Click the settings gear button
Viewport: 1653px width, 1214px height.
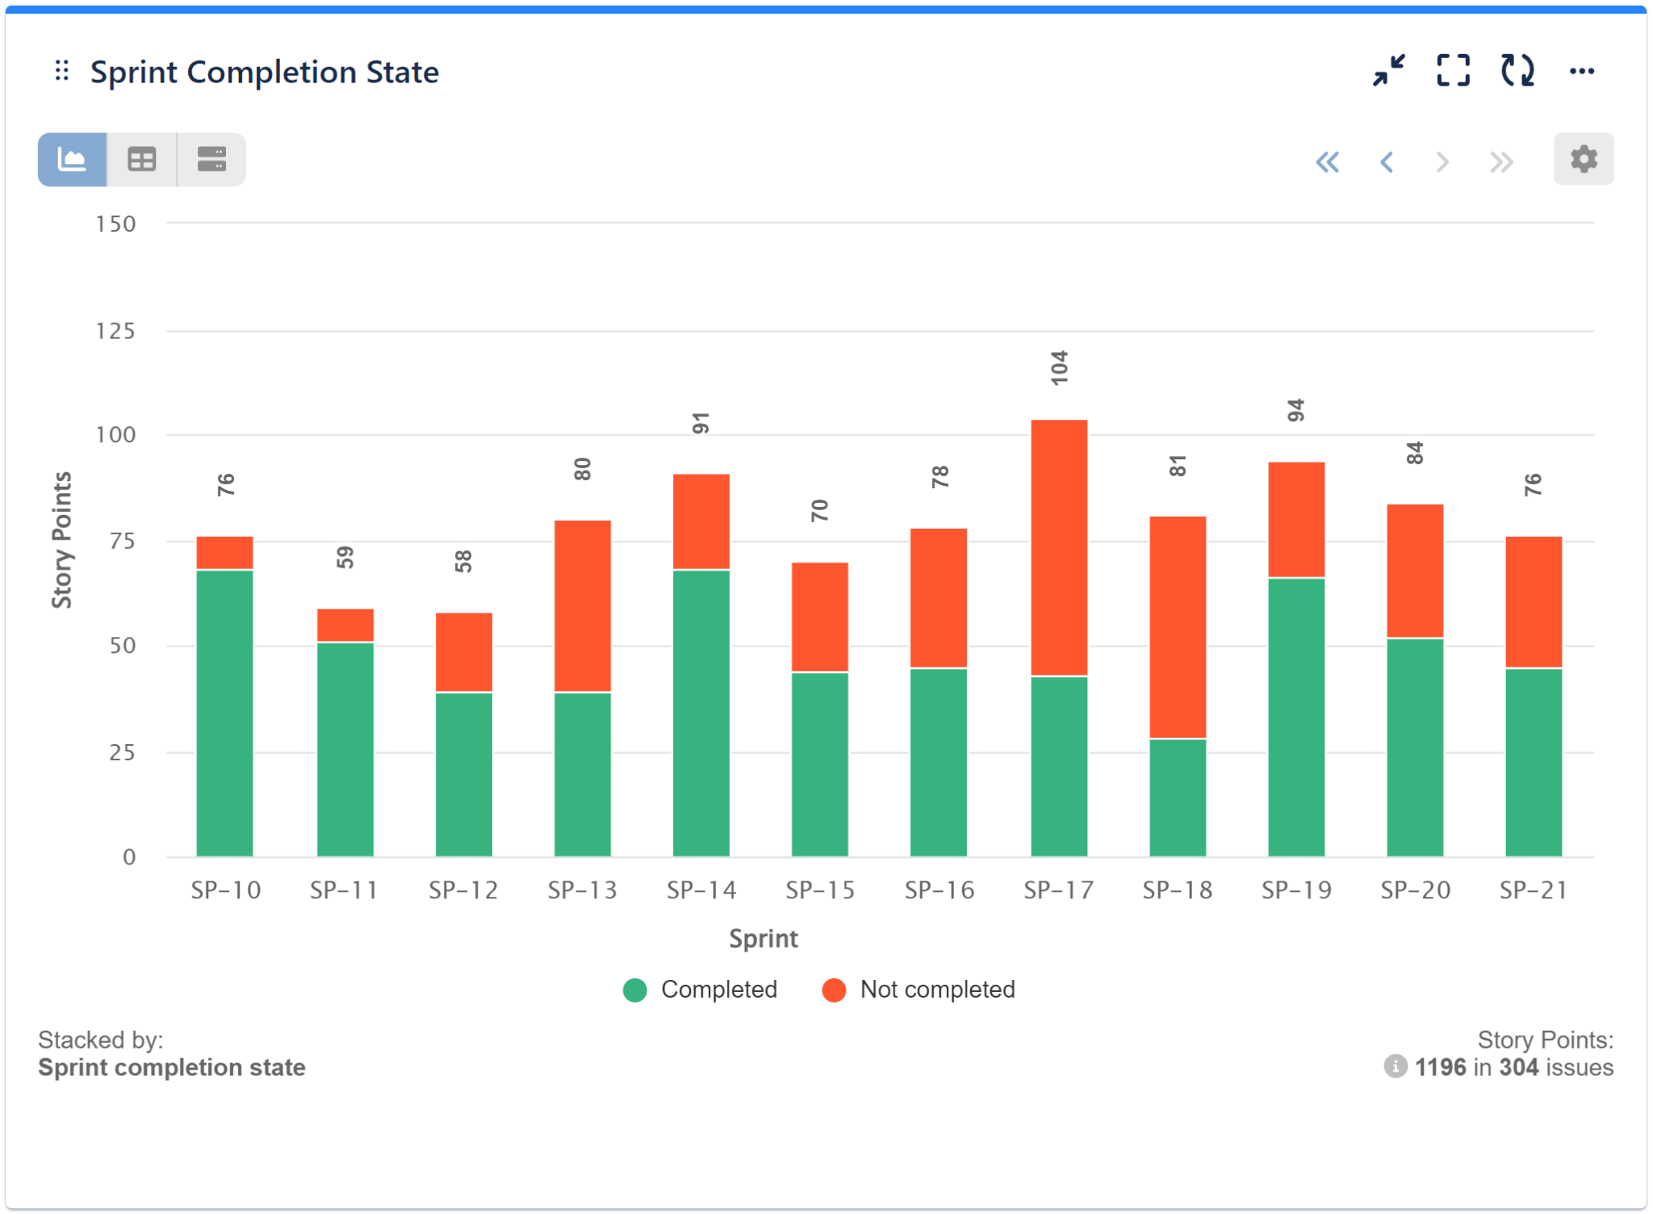point(1583,159)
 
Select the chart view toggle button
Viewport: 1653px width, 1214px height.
point(73,159)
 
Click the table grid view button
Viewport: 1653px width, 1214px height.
point(142,159)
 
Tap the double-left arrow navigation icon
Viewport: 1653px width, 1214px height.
point(1327,162)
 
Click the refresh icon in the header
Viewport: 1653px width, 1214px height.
point(1517,71)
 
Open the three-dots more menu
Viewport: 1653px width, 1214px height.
point(1581,72)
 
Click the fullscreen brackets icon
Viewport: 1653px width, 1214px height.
point(1453,71)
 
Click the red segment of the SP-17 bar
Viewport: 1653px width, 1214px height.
point(1059,547)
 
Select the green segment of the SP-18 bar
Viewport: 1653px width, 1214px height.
point(1178,797)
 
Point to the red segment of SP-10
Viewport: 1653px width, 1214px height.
point(224,553)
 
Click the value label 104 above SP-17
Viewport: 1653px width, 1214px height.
point(1059,368)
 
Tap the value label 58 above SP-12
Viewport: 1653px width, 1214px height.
point(463,561)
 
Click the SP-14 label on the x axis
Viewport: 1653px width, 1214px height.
point(701,890)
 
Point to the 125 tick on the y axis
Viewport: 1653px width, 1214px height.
point(115,331)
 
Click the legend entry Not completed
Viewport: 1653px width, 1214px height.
point(936,990)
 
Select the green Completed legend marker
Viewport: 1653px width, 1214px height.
point(635,990)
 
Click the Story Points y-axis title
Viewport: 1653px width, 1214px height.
point(62,539)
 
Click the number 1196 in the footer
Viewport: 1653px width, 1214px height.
point(1440,1067)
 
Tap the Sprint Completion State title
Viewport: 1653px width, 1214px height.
point(264,73)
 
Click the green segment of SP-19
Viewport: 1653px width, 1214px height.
point(1296,717)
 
